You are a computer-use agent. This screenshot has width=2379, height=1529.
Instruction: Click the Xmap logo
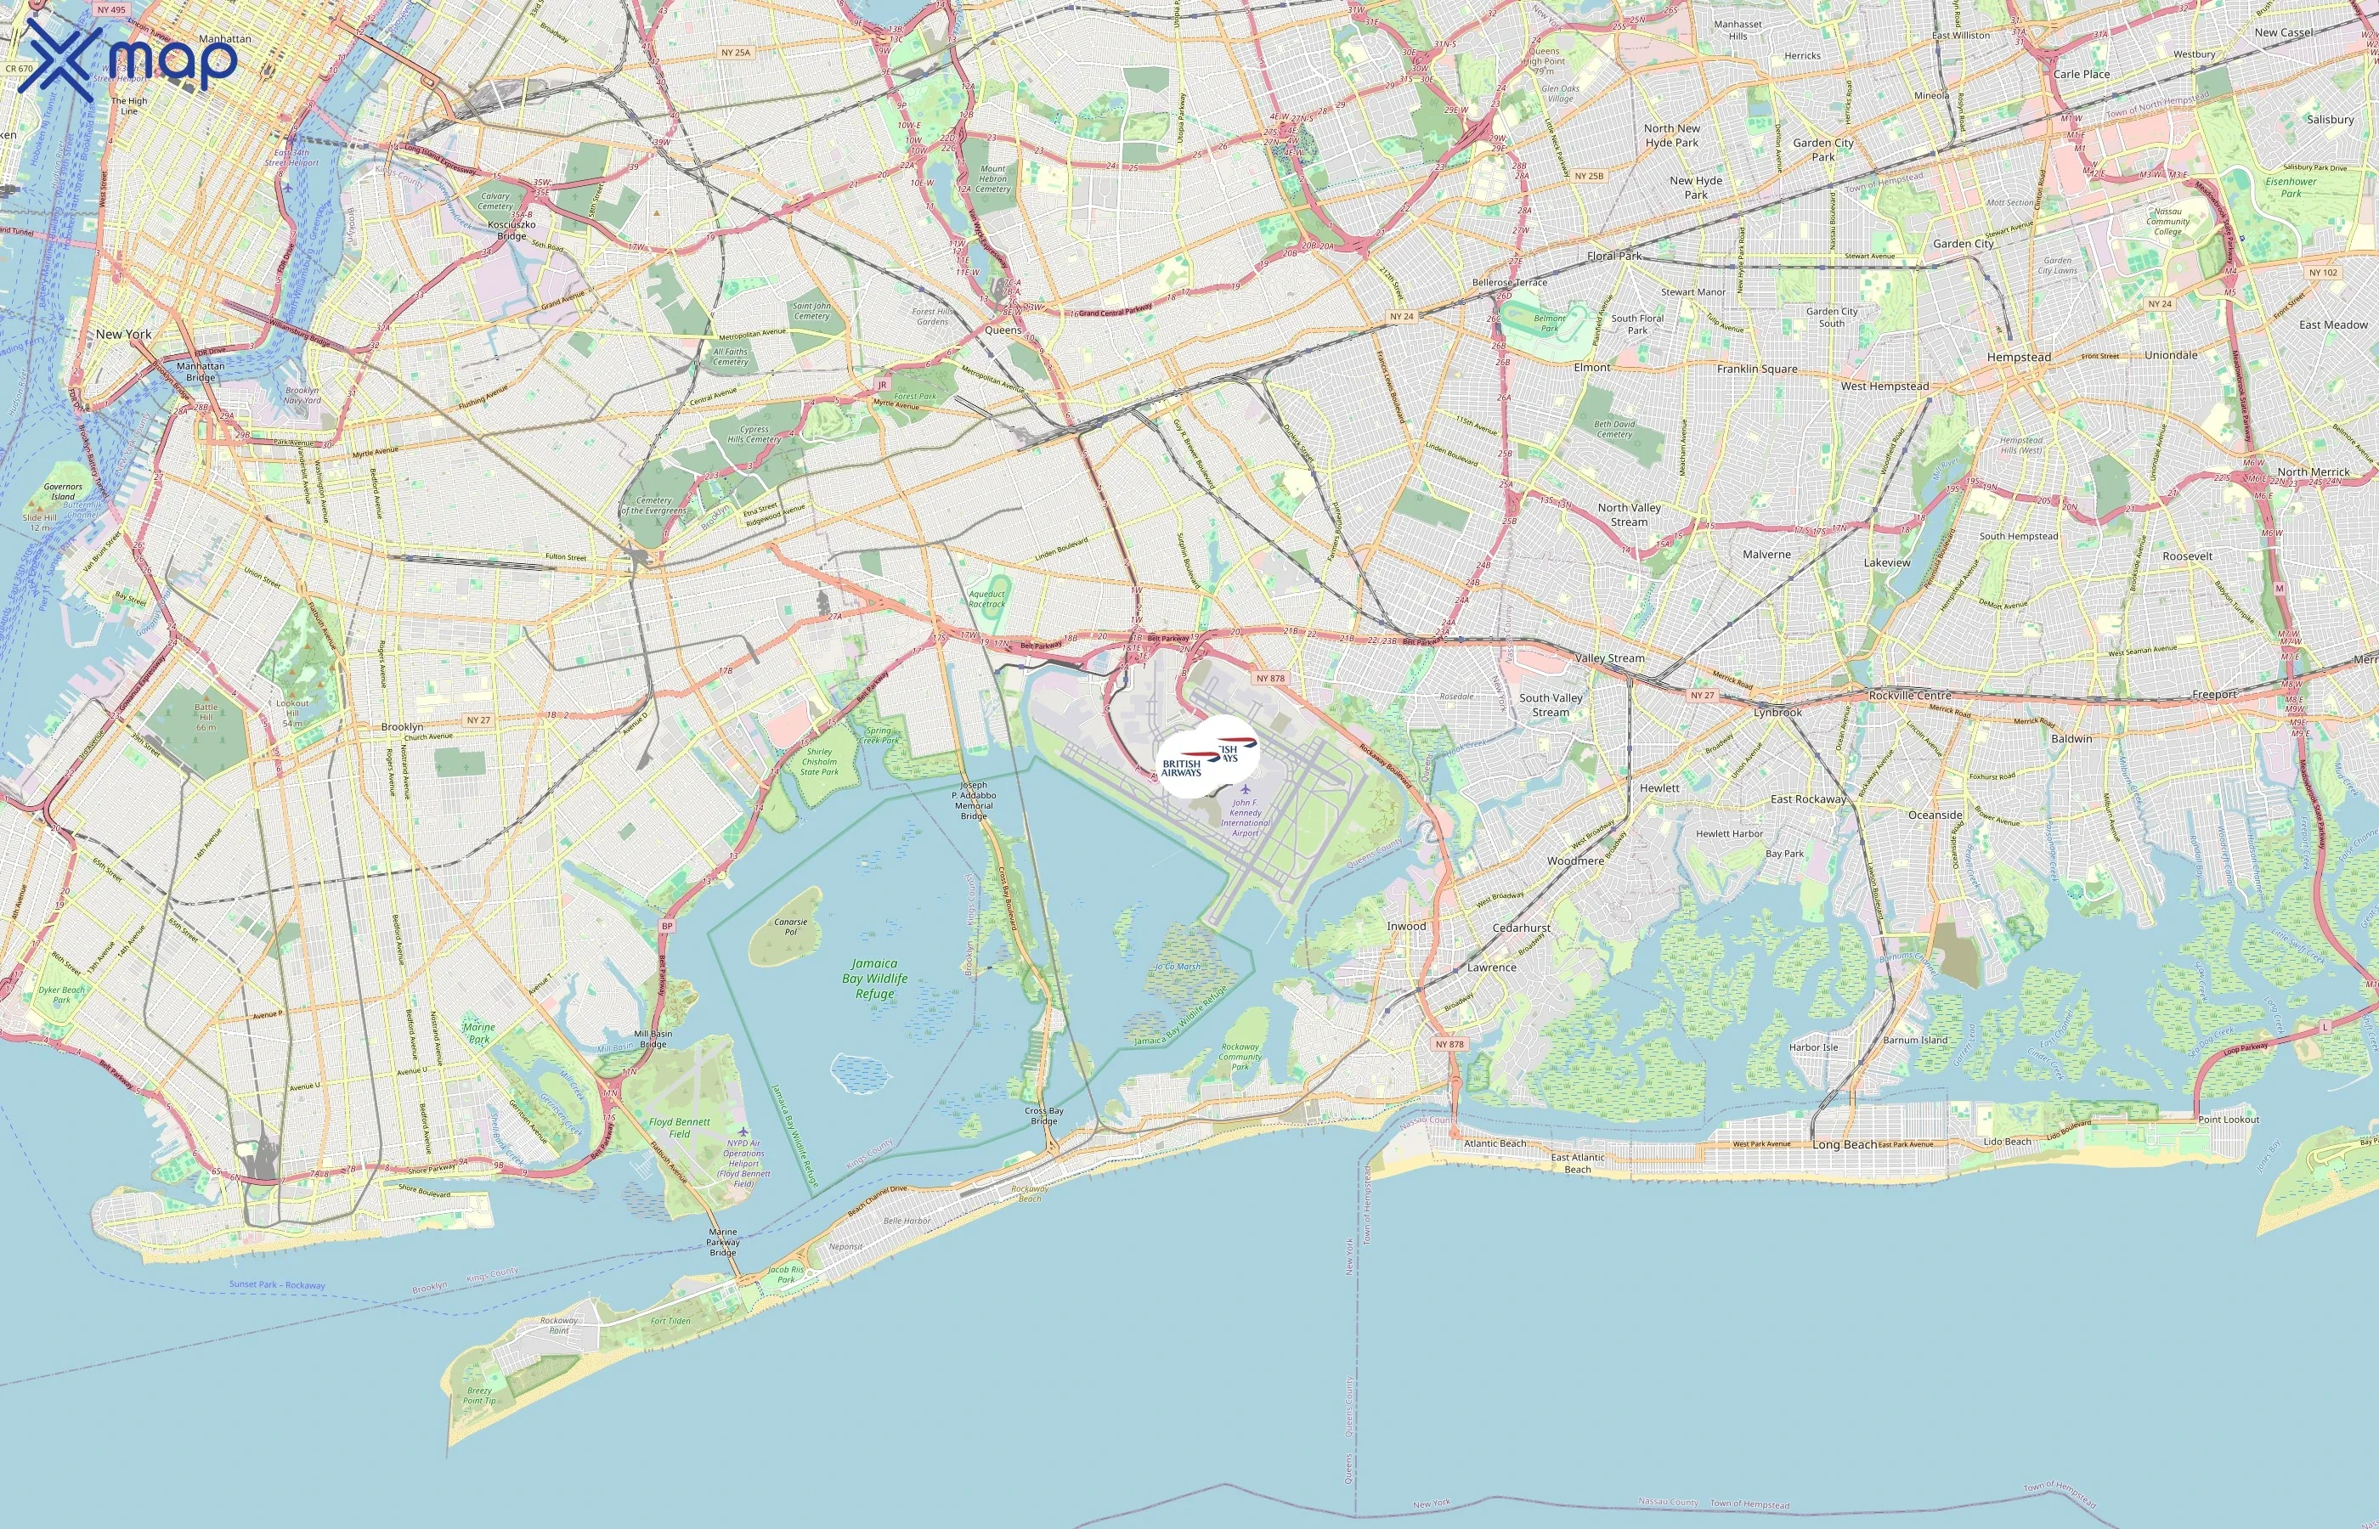[x=129, y=58]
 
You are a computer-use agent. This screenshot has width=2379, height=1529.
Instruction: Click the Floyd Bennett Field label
[x=679, y=1127]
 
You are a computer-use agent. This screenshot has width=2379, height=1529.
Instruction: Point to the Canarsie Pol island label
[x=790, y=927]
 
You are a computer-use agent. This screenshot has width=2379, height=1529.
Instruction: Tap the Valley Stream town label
[x=1609, y=658]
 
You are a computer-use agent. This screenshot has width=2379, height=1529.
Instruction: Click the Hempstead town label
[x=2019, y=358]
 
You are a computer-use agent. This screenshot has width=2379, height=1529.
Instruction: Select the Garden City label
[x=1963, y=243]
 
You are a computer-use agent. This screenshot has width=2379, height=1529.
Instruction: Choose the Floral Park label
[x=1614, y=257]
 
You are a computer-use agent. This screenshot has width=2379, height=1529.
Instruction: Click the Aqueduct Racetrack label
[x=987, y=599]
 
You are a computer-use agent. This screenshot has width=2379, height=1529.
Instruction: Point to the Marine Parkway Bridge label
[x=723, y=1242]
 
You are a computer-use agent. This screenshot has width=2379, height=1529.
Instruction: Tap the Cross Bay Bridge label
[x=1043, y=1116]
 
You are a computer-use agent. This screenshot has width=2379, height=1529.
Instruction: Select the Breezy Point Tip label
[x=479, y=1395]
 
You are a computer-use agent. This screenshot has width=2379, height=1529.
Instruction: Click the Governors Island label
[x=63, y=492]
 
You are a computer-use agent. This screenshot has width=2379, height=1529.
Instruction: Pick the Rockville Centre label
[x=1909, y=695]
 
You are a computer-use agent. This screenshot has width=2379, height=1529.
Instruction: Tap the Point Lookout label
[x=2228, y=1119]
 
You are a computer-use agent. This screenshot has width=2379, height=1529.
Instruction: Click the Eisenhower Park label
[x=2291, y=187]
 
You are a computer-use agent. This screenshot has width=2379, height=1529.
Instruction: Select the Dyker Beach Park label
[x=61, y=994]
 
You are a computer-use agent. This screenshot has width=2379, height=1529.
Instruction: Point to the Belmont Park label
[x=1550, y=324]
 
